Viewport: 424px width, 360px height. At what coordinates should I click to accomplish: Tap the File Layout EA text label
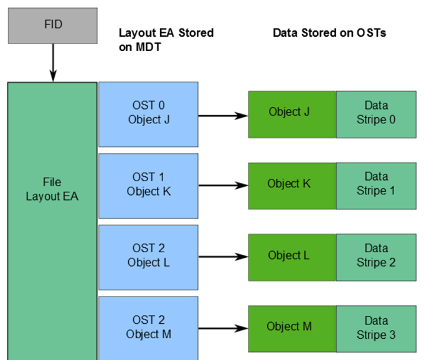point(52,189)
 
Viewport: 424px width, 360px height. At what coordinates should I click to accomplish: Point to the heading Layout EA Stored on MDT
point(166,39)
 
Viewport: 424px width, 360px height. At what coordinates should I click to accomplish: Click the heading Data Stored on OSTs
point(329,32)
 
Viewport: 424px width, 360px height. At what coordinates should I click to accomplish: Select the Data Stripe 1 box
point(376,184)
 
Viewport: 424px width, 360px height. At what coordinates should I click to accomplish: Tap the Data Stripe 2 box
point(376,256)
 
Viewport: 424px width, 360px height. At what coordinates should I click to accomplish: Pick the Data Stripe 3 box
point(376,328)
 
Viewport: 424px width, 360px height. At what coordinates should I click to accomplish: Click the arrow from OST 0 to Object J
point(223,115)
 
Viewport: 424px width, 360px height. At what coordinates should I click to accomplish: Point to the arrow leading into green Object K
point(223,186)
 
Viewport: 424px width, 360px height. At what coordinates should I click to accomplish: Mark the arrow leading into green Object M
point(223,328)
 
